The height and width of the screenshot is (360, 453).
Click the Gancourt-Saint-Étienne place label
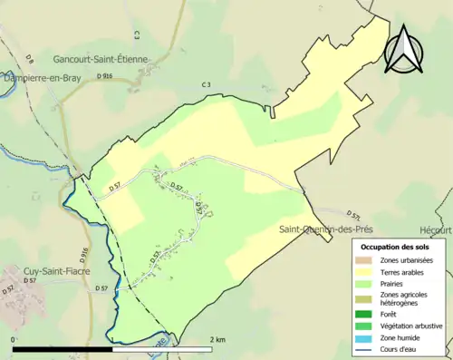(100, 59)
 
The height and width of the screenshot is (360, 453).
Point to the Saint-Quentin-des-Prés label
(325, 229)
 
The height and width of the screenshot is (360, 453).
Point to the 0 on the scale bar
(14, 339)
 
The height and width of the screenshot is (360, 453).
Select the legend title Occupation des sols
(396, 246)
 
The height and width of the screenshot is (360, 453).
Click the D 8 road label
(29, 60)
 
